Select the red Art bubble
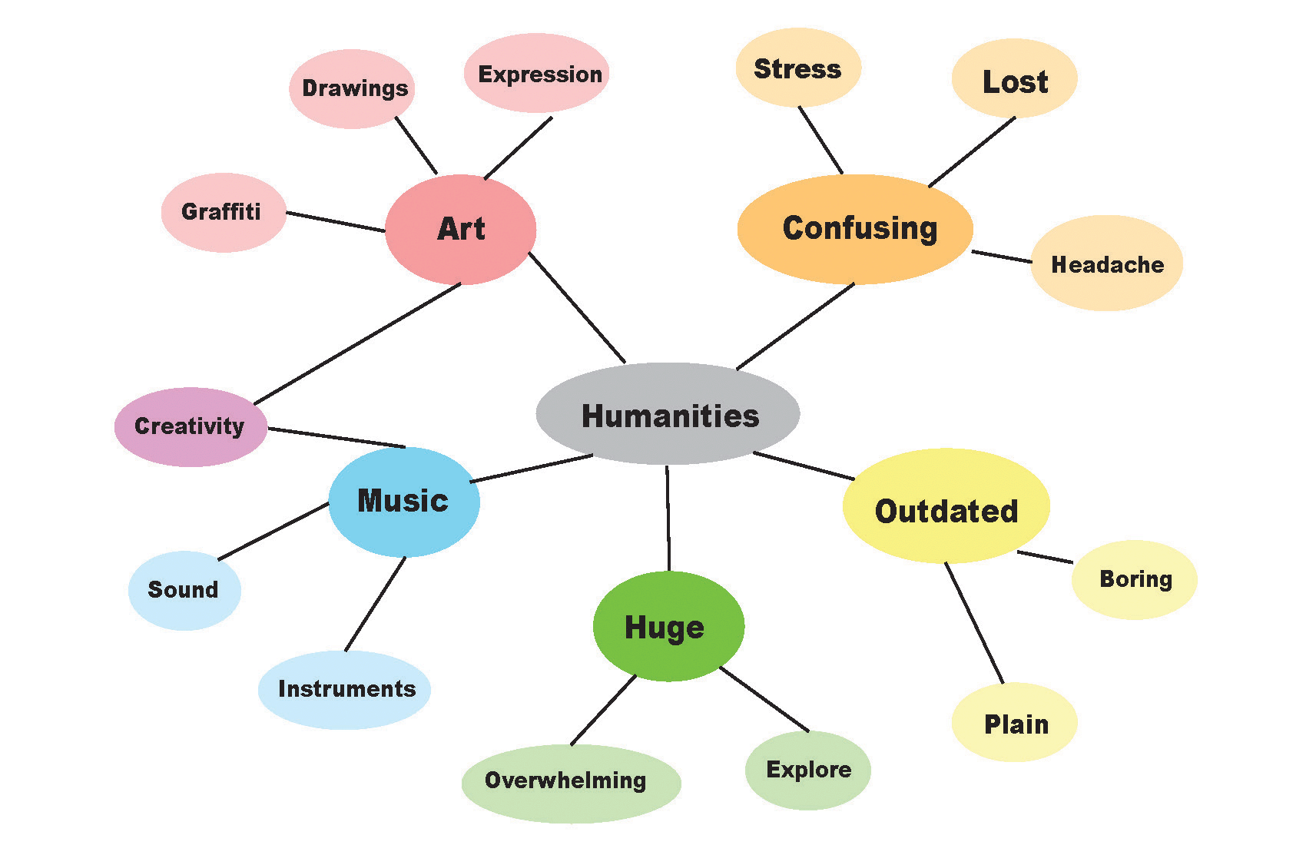coord(460,229)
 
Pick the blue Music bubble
coord(403,502)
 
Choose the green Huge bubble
coord(668,627)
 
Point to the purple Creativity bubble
coord(191,426)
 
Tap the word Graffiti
coord(221,211)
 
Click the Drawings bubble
coord(353,88)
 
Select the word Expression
coord(540,75)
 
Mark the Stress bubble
coord(797,68)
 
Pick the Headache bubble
coord(1106,263)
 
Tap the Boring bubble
coord(1134,579)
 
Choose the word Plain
coord(1016,724)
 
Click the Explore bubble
coord(807,770)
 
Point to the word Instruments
coord(346,688)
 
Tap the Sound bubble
coord(184,590)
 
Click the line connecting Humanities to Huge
coord(668,519)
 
